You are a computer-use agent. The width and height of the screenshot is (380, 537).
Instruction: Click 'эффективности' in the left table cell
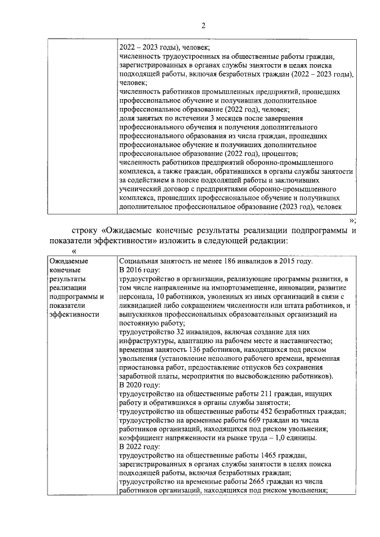pos(74,314)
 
